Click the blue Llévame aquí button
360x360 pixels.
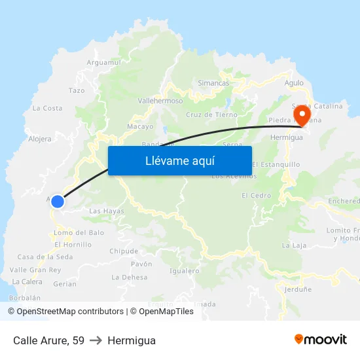179,160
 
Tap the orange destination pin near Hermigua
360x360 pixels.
302,116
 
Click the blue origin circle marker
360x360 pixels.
58,202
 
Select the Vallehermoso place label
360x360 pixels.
160,101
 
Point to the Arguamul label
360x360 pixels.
104,62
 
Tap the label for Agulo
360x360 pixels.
294,83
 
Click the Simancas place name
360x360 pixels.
213,83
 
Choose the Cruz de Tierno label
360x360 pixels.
211,115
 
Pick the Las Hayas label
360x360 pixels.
106,211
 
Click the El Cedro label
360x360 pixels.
256,195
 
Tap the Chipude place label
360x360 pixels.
124,251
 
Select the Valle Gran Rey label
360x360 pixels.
35,270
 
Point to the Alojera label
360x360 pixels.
40,139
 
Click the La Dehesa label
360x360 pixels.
130,277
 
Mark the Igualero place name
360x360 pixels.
184,270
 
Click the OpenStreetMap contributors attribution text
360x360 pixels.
65,312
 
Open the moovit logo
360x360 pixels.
320,339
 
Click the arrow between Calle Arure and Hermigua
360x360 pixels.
96,340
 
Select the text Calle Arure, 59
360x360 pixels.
48,340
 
